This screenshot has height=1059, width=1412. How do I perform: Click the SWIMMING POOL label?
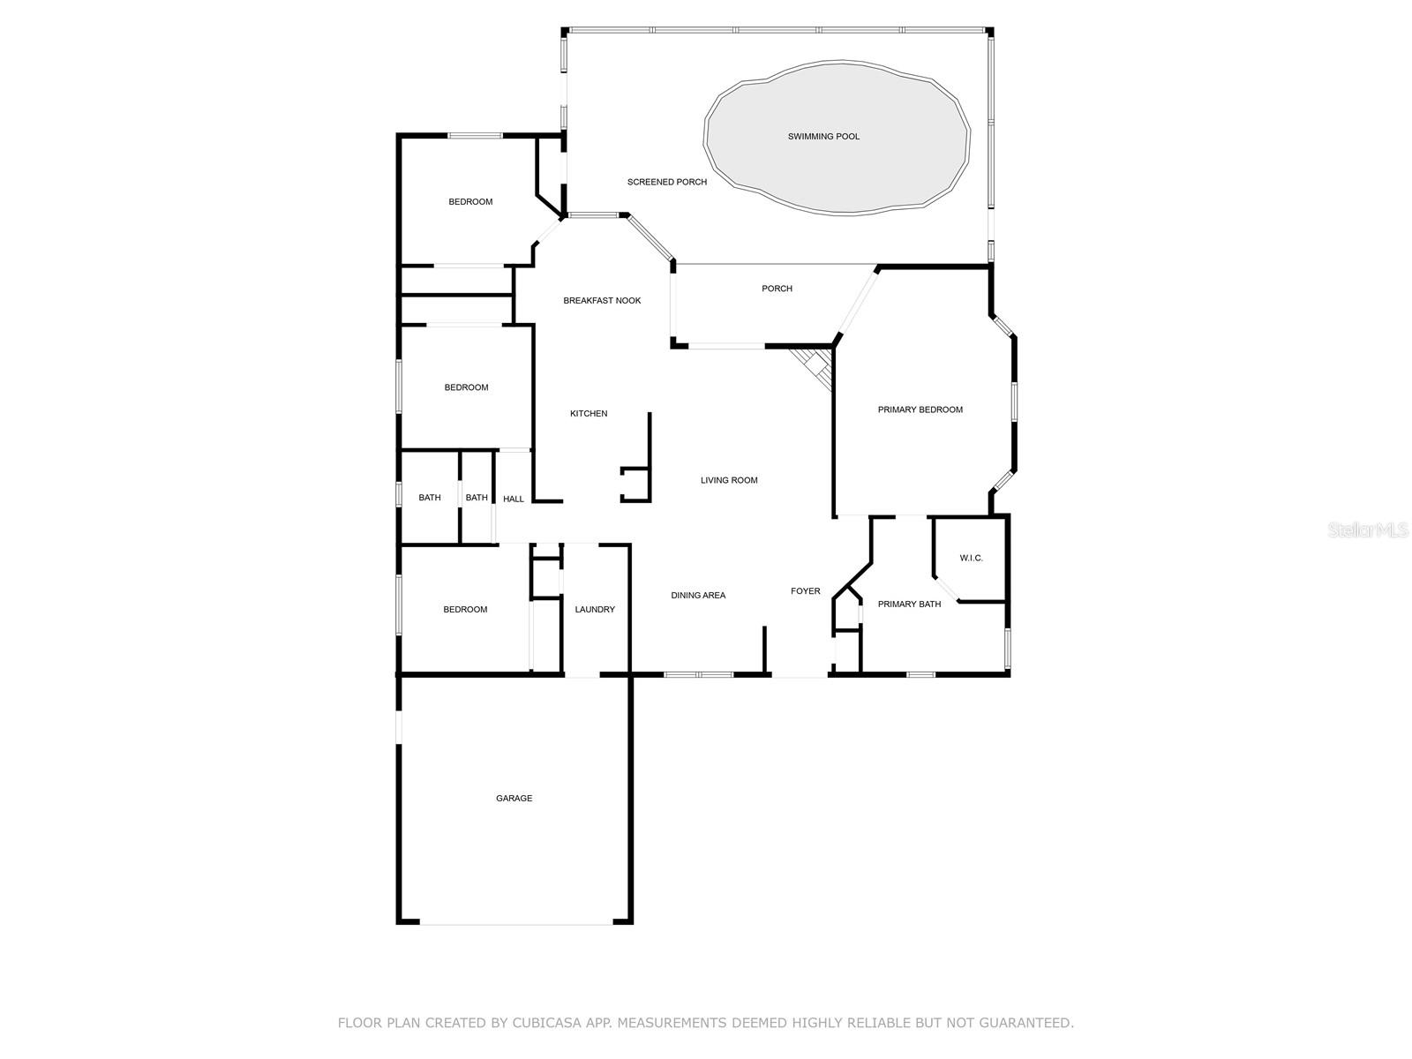point(823,136)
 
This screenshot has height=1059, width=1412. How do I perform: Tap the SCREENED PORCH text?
point(667,182)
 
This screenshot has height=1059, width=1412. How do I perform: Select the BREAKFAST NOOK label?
point(602,300)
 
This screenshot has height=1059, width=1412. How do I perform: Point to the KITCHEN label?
point(589,413)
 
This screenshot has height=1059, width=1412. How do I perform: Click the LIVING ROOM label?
point(729,480)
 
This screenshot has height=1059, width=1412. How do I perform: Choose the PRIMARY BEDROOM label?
point(920,409)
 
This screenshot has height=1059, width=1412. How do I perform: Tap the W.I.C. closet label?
point(972,558)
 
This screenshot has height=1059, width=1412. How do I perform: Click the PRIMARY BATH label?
point(909,604)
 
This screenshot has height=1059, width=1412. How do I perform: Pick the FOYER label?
point(806,591)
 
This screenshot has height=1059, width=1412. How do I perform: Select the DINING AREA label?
point(698,596)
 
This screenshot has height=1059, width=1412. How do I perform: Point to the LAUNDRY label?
point(595,610)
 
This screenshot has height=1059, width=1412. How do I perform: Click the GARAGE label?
point(514,798)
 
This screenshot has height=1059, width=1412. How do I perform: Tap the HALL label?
point(514,499)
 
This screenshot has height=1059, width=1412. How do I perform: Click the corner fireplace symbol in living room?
point(814,367)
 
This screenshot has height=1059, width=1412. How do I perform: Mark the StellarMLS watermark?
point(1368,529)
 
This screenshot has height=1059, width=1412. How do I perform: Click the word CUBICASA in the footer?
point(547,1022)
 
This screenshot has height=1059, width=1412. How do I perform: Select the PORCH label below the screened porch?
point(777,289)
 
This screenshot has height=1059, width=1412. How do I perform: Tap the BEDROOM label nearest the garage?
point(465,610)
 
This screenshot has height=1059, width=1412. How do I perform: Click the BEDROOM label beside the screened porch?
point(471,202)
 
